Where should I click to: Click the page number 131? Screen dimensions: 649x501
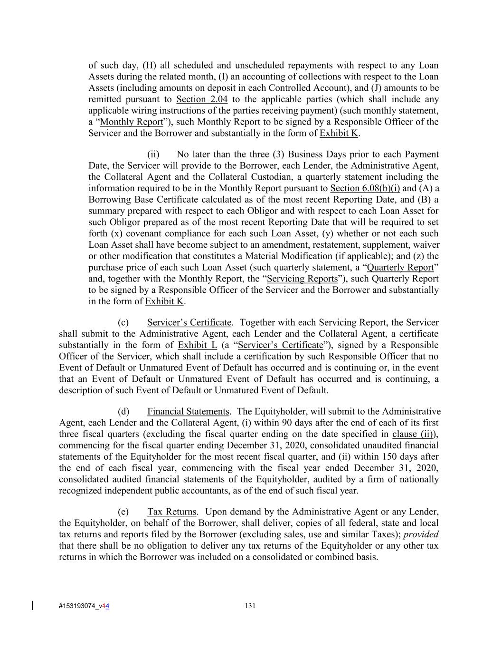click(x=250, y=606)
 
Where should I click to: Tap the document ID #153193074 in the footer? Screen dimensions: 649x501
click(x=76, y=606)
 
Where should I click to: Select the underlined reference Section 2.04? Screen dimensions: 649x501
click(x=202, y=99)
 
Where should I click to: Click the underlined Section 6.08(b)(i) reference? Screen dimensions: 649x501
click(x=365, y=188)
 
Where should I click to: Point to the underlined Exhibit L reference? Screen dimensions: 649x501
click(x=197, y=345)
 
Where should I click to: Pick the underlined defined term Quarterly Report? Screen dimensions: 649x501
click(x=401, y=267)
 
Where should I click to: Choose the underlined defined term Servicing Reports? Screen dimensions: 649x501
click(x=302, y=279)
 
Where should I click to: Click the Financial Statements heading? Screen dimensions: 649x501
click(x=188, y=411)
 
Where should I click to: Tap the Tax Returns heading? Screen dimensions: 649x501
click(x=171, y=512)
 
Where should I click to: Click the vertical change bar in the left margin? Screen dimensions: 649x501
click(x=32, y=605)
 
